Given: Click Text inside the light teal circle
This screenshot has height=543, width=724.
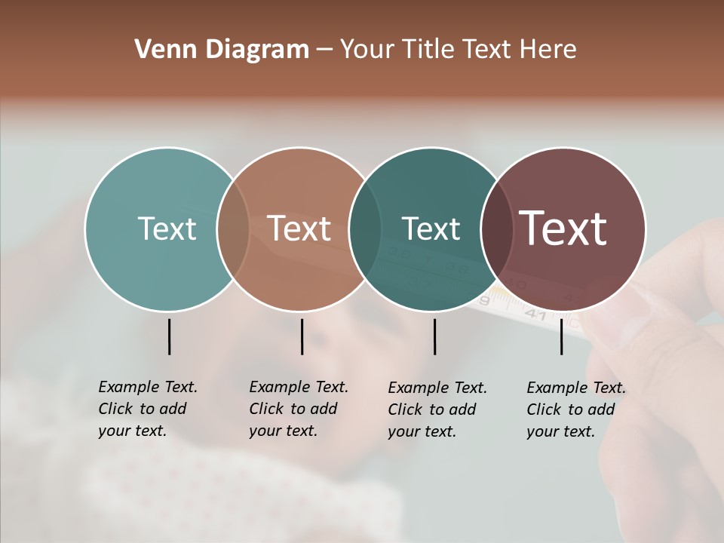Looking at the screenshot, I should (x=167, y=229).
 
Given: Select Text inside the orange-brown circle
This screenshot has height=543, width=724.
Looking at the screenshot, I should (x=299, y=229).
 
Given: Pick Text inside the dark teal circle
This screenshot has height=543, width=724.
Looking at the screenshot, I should (x=431, y=229).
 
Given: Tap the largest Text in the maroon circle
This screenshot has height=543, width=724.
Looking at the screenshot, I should (x=563, y=229).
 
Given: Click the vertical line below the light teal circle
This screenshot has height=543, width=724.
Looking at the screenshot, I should (x=169, y=336).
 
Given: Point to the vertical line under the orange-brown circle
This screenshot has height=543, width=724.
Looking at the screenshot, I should (x=302, y=336).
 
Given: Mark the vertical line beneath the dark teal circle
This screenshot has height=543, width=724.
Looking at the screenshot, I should (x=434, y=336).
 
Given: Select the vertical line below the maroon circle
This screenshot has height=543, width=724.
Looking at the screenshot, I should (x=562, y=336).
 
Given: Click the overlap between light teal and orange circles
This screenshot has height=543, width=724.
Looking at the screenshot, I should (x=233, y=229).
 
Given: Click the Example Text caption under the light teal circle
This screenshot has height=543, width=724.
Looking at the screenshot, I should (x=147, y=409).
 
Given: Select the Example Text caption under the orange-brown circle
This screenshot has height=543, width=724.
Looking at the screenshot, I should (x=298, y=409).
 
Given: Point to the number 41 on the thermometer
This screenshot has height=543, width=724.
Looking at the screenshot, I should (x=535, y=314).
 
